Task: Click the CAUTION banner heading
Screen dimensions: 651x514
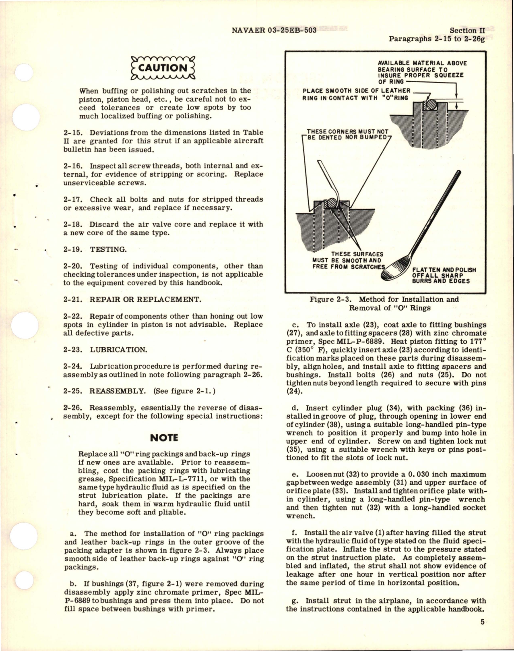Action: point(163,68)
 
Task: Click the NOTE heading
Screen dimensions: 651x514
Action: point(163,438)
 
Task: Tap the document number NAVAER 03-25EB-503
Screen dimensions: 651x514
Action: point(274,30)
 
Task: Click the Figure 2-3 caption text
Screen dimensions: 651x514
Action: point(384,303)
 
